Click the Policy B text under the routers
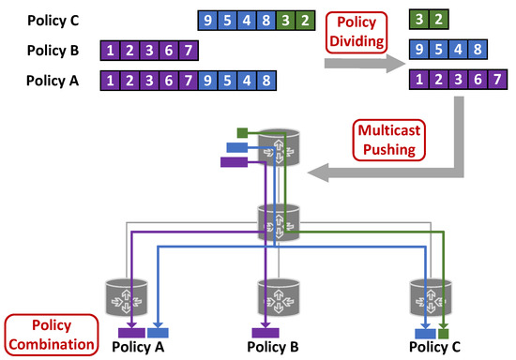pos(273,347)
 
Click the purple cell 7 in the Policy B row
pos(188,49)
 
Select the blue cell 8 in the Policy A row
pos(266,81)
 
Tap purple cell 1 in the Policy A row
pos(113,81)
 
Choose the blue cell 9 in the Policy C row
pos(206,18)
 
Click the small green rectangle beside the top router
pos(242,130)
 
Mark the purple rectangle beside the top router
pos(232,162)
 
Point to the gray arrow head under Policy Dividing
pos(395,63)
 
